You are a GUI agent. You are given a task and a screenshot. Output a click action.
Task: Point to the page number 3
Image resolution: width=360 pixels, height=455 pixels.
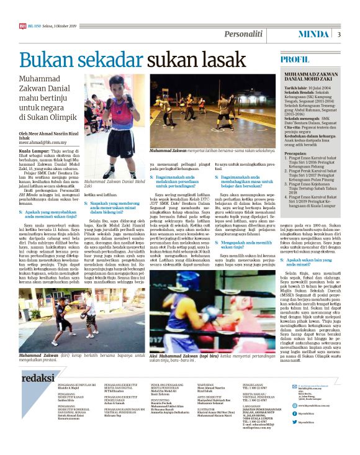coord(339,35)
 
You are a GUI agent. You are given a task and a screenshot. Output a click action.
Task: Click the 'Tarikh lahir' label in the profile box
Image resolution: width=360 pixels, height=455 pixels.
coord(295,89)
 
